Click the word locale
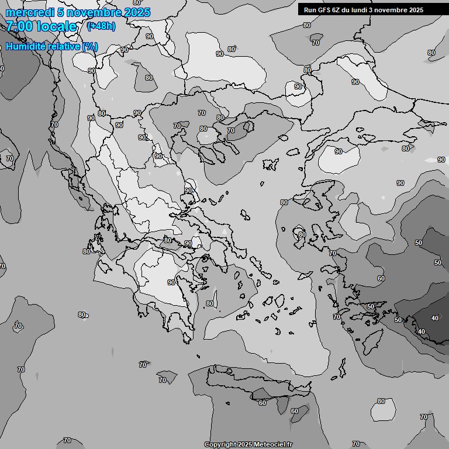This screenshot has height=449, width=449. click(56, 26)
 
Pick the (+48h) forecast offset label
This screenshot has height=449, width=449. click(101, 26)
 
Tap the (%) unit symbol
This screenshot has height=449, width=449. click(90, 46)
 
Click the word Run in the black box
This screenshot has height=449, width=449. click(310, 10)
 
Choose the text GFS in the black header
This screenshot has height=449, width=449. click(325, 10)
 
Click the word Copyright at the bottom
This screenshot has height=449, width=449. click(220, 444)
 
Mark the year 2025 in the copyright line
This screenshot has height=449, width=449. click(244, 444)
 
